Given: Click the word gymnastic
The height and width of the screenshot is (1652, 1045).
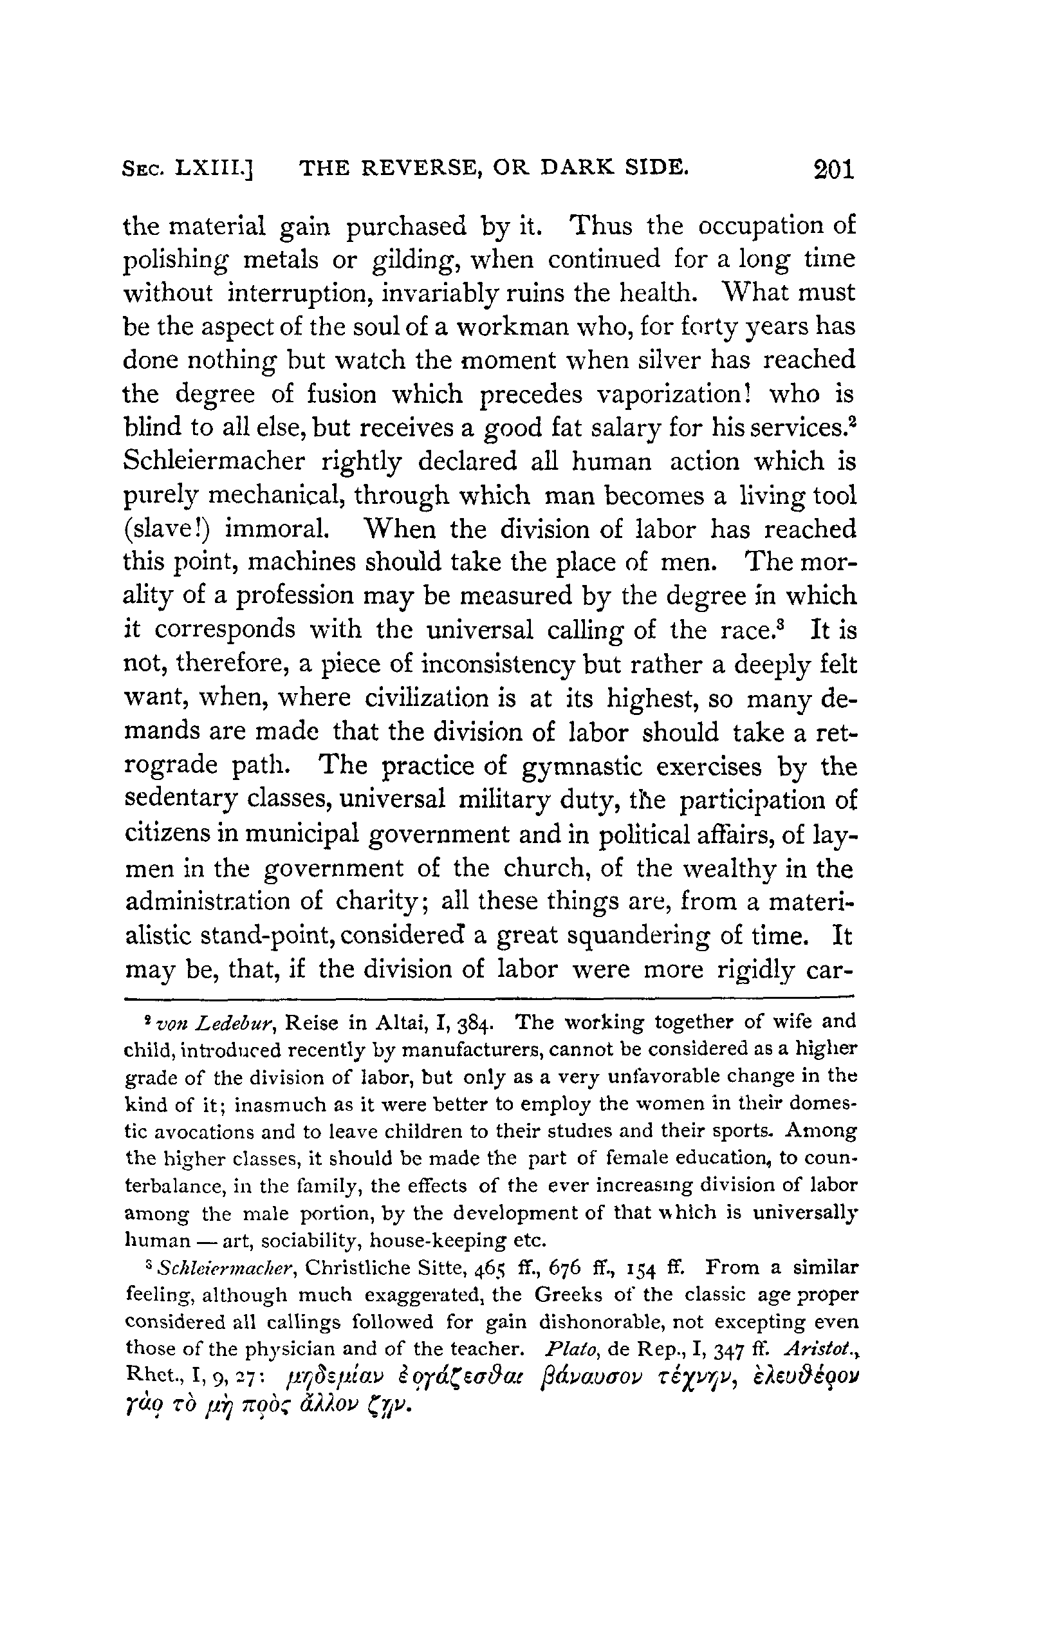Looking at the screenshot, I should (x=590, y=766).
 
